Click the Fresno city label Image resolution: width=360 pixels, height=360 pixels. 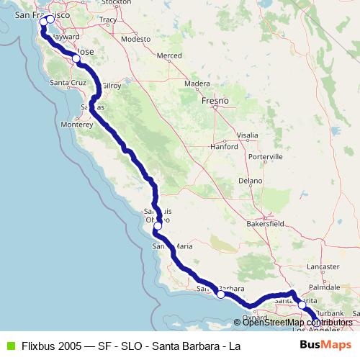[x=215, y=102]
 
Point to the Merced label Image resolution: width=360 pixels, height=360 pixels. [x=169, y=55]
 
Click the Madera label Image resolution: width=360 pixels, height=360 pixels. [x=197, y=84]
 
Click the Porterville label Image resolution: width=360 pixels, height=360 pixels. [x=264, y=156]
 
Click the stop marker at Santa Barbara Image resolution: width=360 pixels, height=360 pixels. [x=221, y=294]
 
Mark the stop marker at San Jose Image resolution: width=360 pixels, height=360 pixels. [x=76, y=58]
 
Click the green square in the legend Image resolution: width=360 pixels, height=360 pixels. [x=9, y=346]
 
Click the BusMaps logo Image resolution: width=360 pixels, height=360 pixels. [x=320, y=345]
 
